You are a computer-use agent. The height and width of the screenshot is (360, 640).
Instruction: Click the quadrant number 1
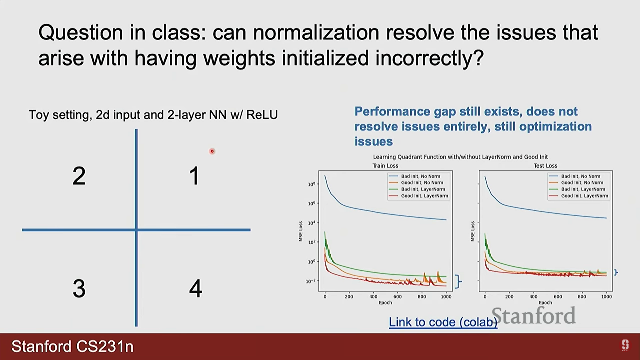pyautogui.click(x=194, y=176)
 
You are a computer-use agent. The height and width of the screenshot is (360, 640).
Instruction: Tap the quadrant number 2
pyautogui.click(x=79, y=176)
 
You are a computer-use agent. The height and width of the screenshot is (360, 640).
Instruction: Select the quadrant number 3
pyautogui.click(x=79, y=288)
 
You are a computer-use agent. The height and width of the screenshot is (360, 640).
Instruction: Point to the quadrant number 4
pyautogui.click(x=196, y=288)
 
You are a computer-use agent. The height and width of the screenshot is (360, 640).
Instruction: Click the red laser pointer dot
pyautogui.click(x=212, y=151)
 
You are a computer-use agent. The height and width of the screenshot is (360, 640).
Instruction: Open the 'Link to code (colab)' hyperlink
pyautogui.click(x=443, y=322)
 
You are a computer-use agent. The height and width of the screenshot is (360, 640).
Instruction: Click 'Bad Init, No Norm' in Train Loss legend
pyautogui.click(x=420, y=176)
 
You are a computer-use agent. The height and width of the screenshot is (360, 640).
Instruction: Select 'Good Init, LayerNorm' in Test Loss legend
pyautogui.click(x=584, y=196)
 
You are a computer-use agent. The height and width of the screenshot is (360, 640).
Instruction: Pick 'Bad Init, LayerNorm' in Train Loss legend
pyautogui.click(x=423, y=189)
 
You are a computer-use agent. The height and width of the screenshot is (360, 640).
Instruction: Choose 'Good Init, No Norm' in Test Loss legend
pyautogui.click(x=582, y=182)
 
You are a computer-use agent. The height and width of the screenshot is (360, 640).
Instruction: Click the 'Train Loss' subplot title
pyautogui.click(x=385, y=166)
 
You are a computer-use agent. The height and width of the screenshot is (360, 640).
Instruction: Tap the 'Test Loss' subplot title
pyautogui.click(x=545, y=166)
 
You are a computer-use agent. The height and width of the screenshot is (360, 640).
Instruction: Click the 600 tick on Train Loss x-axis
pyautogui.click(x=397, y=296)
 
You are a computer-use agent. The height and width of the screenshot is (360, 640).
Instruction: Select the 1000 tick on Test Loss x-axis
pyautogui.click(x=606, y=296)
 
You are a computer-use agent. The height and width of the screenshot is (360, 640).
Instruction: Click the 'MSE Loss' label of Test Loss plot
pyautogui.click(x=473, y=231)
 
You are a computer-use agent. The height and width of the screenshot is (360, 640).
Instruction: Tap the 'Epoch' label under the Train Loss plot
pyautogui.click(x=385, y=303)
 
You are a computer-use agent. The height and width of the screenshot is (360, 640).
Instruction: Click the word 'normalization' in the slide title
pyautogui.click(x=316, y=33)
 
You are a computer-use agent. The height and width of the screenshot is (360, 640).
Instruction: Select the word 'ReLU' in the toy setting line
pyautogui.click(x=262, y=115)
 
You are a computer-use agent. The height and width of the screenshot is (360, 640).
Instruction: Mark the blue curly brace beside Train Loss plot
pyautogui.click(x=459, y=281)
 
